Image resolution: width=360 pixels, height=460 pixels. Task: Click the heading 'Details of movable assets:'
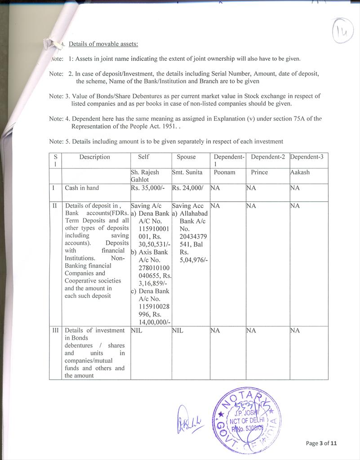click(x=103, y=44)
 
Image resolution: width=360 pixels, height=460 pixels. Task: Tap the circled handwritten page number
click(x=342, y=32)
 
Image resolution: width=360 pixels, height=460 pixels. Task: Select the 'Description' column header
click(x=94, y=157)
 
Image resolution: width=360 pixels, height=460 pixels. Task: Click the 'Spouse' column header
click(x=186, y=157)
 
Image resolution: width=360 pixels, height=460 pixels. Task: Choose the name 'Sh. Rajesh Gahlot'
click(x=145, y=176)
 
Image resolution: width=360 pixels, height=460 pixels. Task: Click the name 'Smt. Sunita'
click(x=187, y=172)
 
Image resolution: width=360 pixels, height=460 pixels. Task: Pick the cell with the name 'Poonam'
click(x=224, y=172)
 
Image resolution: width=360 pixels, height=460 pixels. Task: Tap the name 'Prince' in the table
click(x=259, y=172)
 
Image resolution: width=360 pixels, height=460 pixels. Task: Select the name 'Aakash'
click(x=300, y=172)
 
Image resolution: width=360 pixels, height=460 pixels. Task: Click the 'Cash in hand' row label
click(x=82, y=188)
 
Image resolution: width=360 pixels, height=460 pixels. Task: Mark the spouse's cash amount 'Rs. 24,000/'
click(x=188, y=188)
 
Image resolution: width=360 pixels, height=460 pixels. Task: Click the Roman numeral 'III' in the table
click(x=55, y=330)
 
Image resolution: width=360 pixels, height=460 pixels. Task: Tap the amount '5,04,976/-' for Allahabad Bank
click(x=194, y=260)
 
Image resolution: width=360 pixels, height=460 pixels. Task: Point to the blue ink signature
click(x=188, y=419)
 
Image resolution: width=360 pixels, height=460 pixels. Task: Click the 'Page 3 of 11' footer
click(x=321, y=443)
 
